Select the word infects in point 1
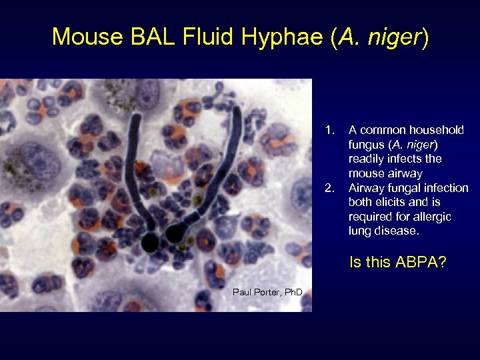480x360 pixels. tap(407, 159)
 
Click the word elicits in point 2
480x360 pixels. tap(388, 203)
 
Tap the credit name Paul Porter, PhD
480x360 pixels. tap(267, 292)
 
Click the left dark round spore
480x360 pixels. tap(150, 241)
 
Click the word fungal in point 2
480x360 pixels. tap(402, 189)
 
